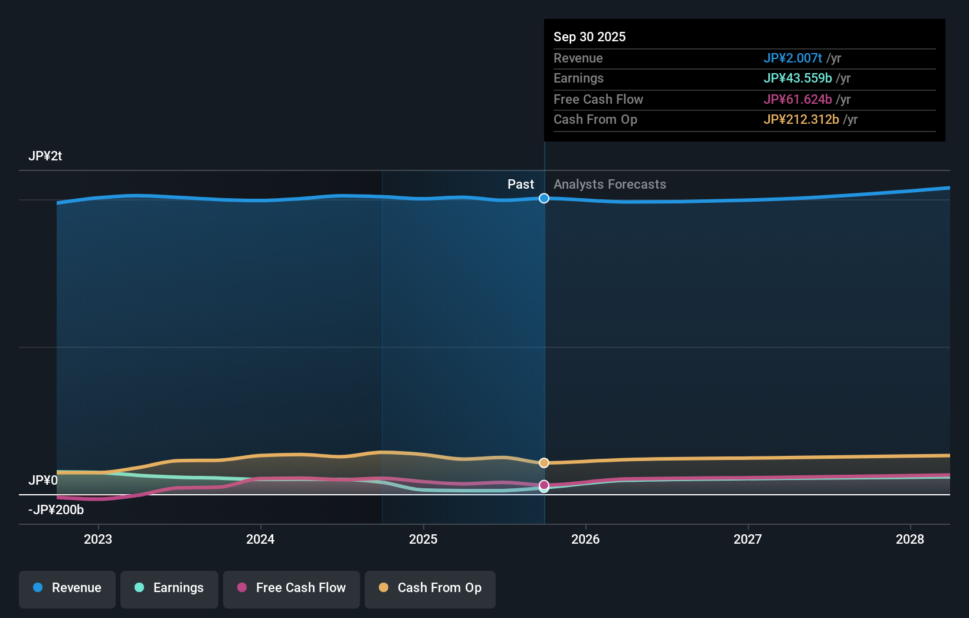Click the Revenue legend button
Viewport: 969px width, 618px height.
click(x=67, y=588)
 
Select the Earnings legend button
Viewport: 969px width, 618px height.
click(x=169, y=588)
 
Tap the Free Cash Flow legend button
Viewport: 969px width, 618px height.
click(x=292, y=588)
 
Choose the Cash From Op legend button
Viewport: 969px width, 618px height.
click(x=430, y=588)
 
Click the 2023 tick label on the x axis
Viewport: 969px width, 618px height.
click(x=98, y=539)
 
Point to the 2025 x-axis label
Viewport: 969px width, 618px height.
click(x=423, y=539)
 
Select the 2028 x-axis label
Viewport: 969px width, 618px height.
click(x=909, y=539)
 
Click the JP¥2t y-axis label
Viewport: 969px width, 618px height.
click(x=45, y=156)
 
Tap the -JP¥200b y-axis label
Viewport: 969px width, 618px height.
click(x=56, y=509)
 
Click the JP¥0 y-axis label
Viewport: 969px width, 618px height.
click(x=42, y=480)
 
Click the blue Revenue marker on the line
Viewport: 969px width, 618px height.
click(x=544, y=198)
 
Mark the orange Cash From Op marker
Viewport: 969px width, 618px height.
click(x=544, y=463)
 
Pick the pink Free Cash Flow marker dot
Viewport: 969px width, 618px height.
click(x=544, y=485)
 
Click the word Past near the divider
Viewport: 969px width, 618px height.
click(x=520, y=185)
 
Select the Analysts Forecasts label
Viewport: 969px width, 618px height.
click(x=610, y=185)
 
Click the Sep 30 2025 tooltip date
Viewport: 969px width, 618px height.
click(x=590, y=37)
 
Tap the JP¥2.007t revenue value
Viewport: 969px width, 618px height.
click(x=793, y=58)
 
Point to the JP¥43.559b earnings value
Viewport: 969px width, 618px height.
click(x=797, y=78)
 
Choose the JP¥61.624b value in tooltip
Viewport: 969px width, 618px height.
click(x=797, y=99)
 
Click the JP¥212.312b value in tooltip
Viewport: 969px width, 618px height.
click(x=801, y=120)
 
